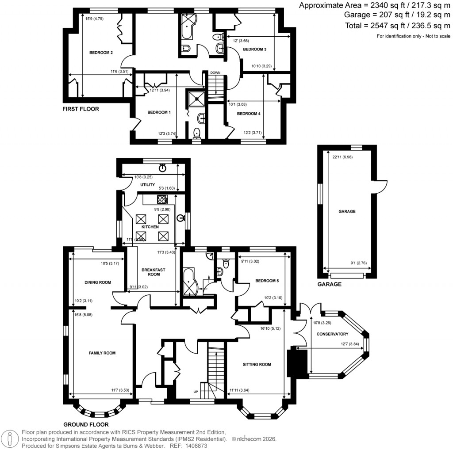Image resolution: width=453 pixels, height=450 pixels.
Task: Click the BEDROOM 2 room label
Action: click(101, 53)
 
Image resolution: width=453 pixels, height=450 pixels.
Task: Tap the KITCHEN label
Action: click(150, 227)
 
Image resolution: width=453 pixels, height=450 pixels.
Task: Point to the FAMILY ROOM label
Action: click(102, 353)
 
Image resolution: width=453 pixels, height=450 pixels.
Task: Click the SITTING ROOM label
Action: click(257, 365)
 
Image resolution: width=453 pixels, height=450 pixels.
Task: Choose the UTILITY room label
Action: click(147, 184)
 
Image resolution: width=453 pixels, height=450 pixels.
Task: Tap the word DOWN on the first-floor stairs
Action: click(215, 72)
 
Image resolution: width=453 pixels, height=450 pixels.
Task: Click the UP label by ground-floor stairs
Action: click(196, 392)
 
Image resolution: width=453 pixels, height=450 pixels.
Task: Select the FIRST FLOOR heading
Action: click(81, 109)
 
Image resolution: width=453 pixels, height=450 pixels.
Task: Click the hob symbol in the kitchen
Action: click(162, 199)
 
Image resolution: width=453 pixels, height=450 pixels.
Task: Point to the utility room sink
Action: click(163, 168)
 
